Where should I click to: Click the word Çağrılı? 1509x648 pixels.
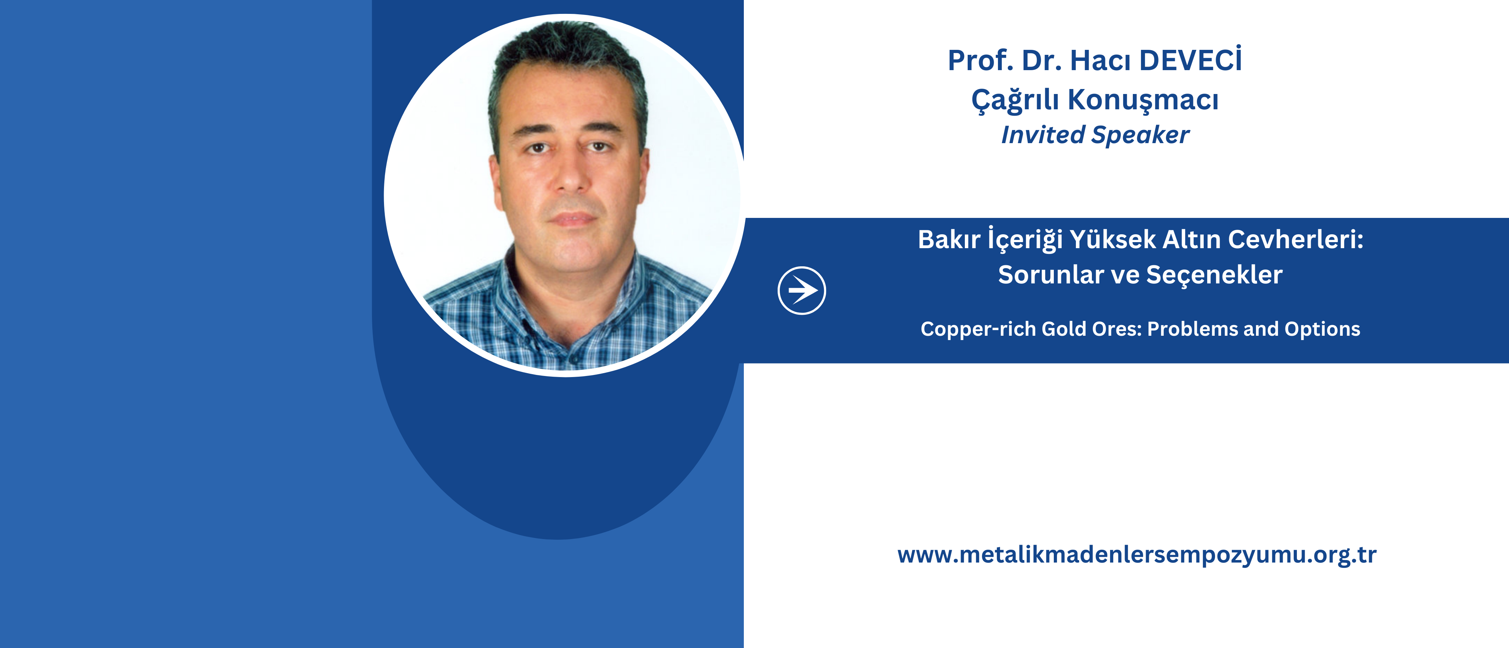(1015, 100)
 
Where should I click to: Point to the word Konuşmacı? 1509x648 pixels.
(1143, 100)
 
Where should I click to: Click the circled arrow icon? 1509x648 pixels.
(801, 291)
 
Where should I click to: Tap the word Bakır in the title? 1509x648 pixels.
(949, 240)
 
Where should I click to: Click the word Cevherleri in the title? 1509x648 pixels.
(1292, 240)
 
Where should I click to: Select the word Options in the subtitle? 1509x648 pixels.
(1323, 330)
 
